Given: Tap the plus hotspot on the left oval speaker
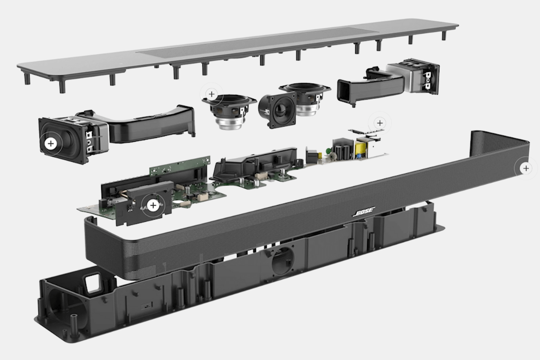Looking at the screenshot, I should pos(51,144).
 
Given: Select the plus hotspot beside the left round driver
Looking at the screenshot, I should pos(211,94).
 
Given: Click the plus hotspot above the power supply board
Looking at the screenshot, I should pos(380,123).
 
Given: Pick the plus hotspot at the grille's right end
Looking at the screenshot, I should pos(526,168).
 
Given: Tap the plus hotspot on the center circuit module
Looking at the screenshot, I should pos(154,206).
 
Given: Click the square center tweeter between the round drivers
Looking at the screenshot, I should pos(277,109).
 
